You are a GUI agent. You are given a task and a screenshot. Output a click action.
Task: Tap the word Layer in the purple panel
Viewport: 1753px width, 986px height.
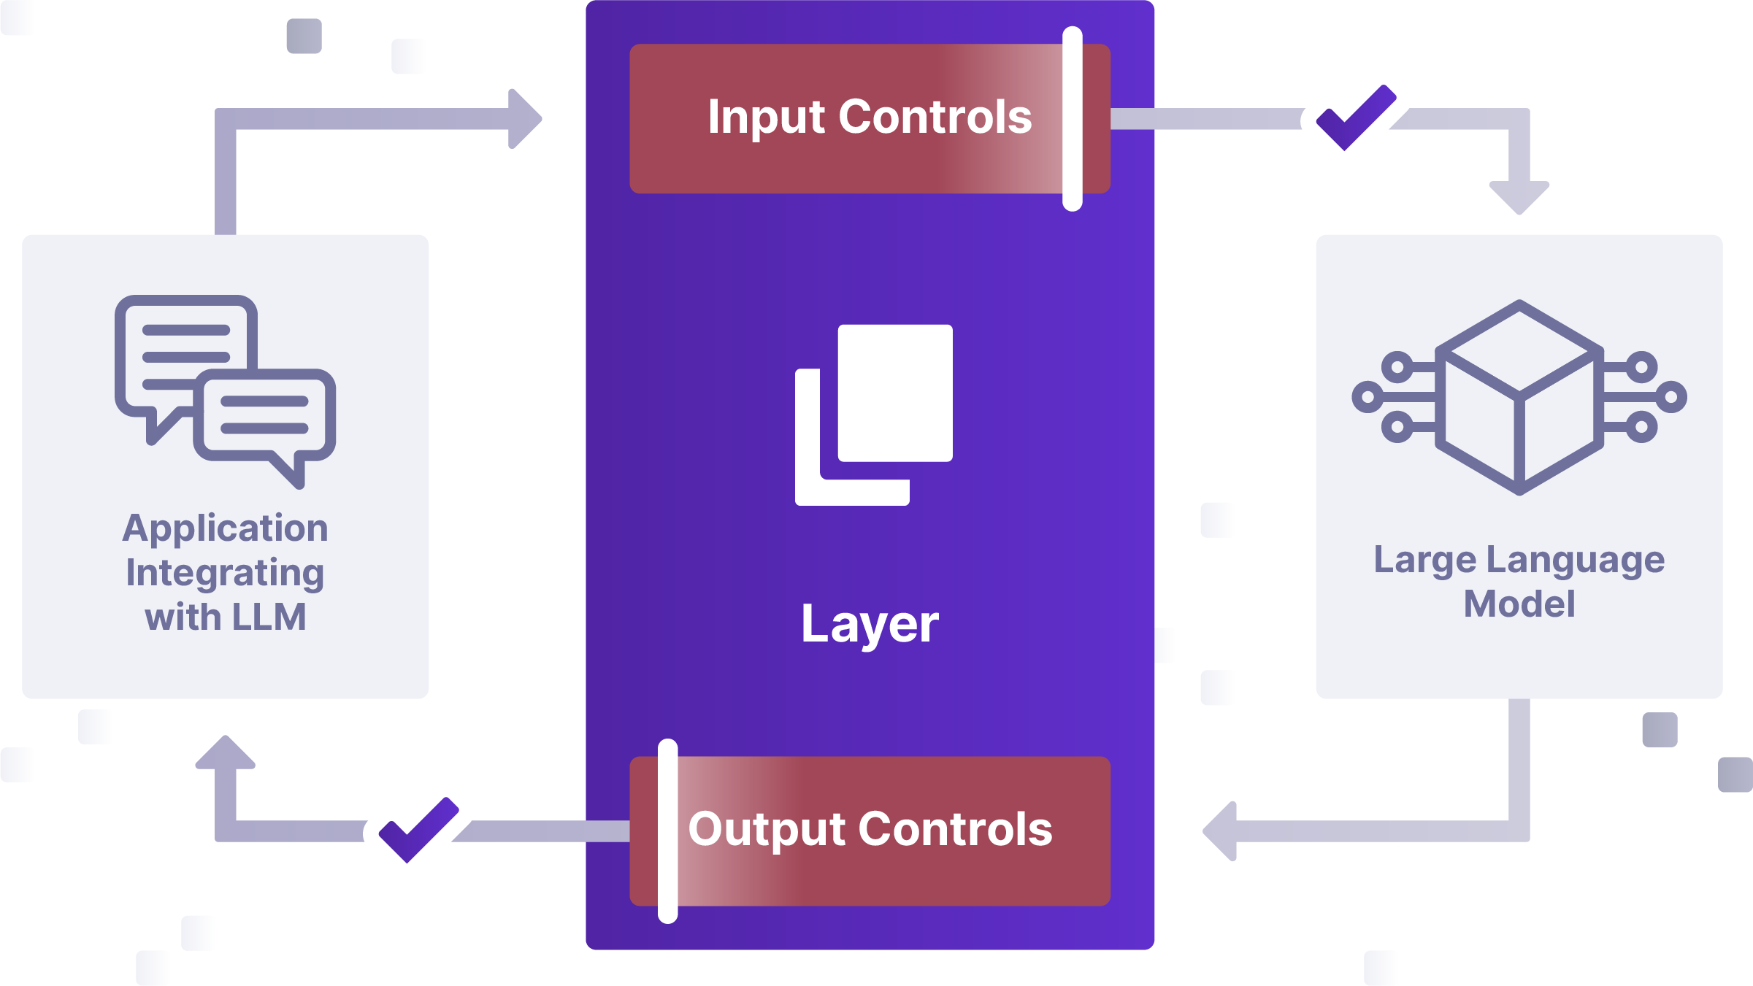coord(870,625)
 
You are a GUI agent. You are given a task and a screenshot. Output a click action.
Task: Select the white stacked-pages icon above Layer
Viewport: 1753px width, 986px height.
coord(874,415)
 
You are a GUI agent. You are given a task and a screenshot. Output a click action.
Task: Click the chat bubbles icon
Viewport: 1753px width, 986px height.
coord(225,390)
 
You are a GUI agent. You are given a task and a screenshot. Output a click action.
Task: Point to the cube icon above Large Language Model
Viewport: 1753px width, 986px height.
coord(1519,397)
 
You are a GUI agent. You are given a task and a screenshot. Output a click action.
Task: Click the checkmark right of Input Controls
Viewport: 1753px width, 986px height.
coord(1355,118)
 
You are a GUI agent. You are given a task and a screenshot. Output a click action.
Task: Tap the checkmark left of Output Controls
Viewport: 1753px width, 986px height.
coord(418,830)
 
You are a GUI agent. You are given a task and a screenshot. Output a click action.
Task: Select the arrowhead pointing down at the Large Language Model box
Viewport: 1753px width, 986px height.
coord(1519,196)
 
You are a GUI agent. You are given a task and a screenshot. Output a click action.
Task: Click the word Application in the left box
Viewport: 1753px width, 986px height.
coord(225,528)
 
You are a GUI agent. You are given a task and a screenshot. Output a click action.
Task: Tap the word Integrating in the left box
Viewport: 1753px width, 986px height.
coord(225,573)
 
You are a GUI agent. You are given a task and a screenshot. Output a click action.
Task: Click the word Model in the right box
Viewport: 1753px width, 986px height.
coord(1519,604)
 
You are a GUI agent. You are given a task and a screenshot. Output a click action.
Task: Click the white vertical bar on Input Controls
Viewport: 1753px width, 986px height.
coord(1072,119)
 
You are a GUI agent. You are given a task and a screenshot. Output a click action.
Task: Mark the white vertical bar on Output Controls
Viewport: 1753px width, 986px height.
coord(667,831)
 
